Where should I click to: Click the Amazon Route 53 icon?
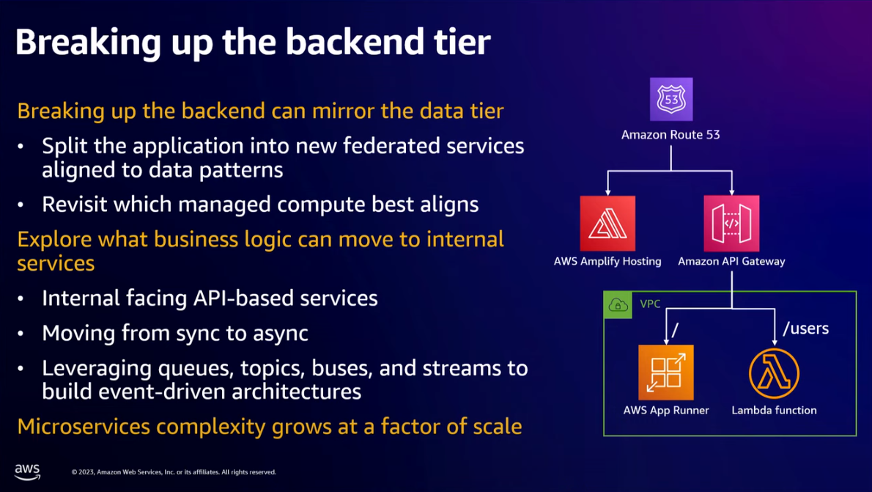click(671, 99)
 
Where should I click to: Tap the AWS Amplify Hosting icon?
click(607, 224)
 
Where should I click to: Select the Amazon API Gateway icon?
click(731, 224)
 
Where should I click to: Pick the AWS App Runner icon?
click(666, 372)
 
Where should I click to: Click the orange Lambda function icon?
click(774, 372)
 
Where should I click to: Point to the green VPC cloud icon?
click(618, 305)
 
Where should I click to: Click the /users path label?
click(805, 328)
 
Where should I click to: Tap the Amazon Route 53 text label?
click(671, 135)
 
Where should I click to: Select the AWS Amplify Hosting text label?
click(607, 261)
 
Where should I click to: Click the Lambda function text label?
click(774, 411)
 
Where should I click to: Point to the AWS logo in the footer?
click(27, 471)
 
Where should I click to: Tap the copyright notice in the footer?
click(174, 472)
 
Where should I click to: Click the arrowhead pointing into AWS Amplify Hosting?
click(607, 191)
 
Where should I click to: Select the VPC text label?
click(650, 304)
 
